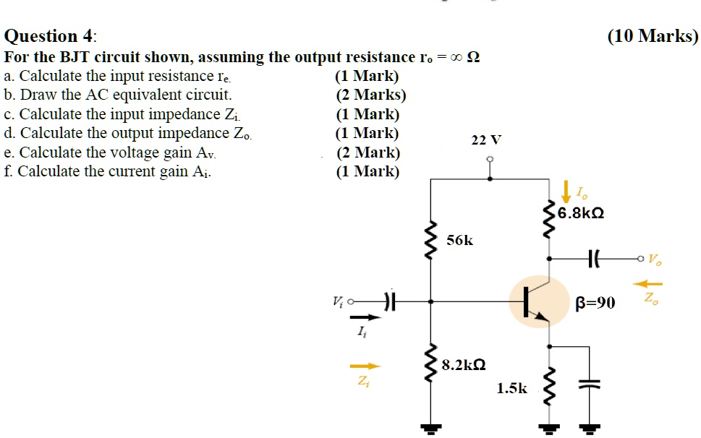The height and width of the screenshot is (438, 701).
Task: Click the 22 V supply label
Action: point(486,139)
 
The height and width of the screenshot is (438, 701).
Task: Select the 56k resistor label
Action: point(459,240)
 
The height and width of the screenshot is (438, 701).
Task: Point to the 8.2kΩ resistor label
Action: point(463,365)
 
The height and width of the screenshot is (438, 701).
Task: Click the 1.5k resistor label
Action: point(512,388)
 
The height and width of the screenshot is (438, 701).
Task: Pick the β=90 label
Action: point(595,302)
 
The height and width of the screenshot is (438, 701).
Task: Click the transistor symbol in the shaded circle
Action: point(539,301)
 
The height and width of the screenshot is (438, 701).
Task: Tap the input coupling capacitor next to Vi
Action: point(390,301)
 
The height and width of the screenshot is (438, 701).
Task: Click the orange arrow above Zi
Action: point(365,366)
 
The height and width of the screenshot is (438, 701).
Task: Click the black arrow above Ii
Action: point(365,317)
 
